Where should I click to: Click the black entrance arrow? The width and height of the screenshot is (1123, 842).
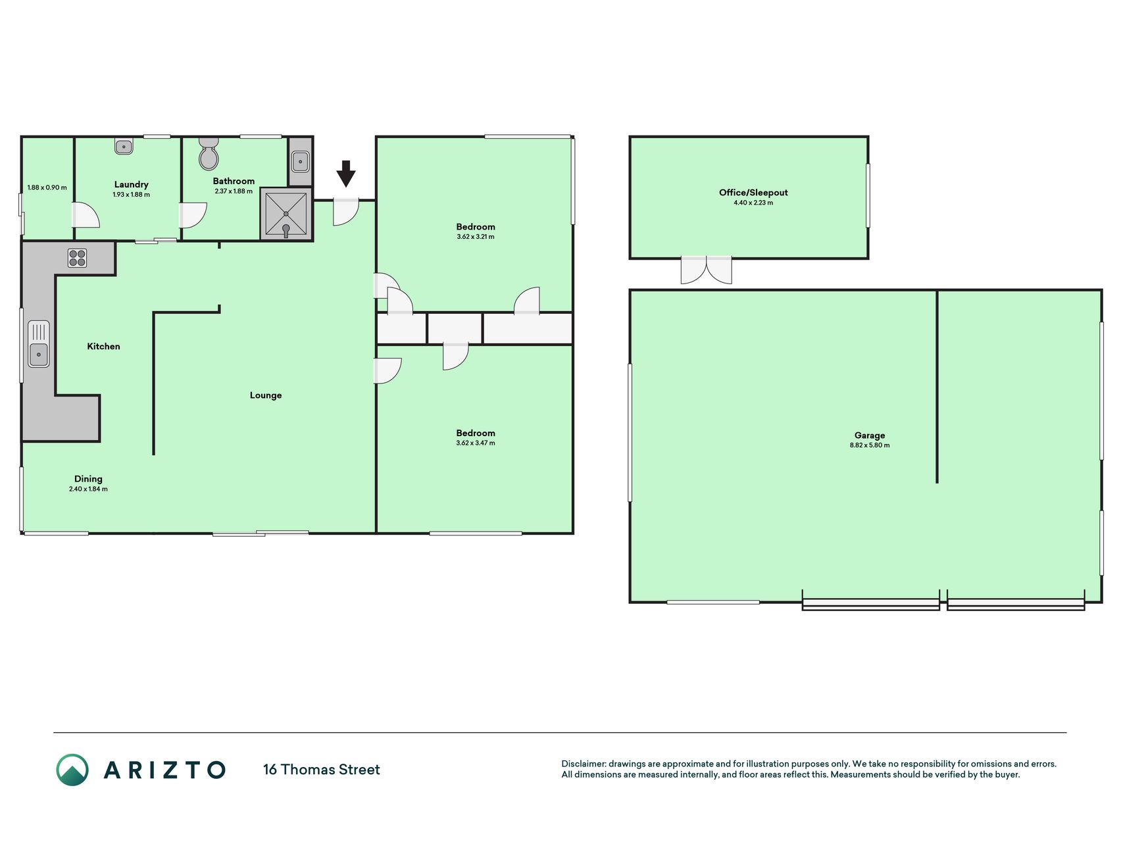click(346, 174)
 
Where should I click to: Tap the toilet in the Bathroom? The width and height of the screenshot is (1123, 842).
click(209, 153)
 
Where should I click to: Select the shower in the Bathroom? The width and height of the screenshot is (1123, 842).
click(286, 214)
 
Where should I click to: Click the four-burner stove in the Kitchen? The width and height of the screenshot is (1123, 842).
click(78, 258)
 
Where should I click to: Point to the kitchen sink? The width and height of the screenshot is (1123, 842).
click(39, 343)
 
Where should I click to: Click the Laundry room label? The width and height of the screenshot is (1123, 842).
click(132, 185)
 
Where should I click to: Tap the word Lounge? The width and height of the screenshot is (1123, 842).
click(266, 395)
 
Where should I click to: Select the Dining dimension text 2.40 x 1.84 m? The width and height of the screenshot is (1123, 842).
click(88, 489)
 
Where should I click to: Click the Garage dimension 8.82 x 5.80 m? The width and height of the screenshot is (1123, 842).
click(870, 445)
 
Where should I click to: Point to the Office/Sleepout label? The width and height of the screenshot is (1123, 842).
click(753, 193)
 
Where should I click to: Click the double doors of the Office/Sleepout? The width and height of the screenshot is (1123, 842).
click(706, 270)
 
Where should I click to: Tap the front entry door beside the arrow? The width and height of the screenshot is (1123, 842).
click(345, 212)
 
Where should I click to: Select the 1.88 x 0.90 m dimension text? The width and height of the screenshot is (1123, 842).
click(47, 187)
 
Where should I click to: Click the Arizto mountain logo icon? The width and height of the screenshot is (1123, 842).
click(72, 770)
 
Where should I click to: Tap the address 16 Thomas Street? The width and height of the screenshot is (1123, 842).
click(322, 770)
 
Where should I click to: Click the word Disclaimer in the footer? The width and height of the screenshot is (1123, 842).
click(584, 764)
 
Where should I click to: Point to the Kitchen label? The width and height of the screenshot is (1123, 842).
click(104, 347)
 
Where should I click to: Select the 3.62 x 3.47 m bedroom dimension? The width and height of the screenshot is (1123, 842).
click(476, 443)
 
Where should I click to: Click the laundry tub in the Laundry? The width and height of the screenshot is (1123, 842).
click(124, 147)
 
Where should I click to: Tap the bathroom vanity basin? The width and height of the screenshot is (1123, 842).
click(300, 161)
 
